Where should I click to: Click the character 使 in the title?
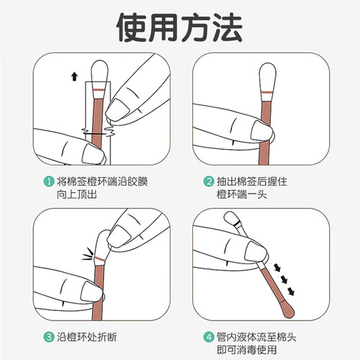pyautogui.click(x=132, y=27)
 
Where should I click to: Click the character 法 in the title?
pyautogui.click(x=228, y=27)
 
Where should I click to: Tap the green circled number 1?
pyautogui.click(x=49, y=181)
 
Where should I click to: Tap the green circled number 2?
pyautogui.click(x=209, y=181)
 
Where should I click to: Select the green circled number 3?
pyautogui.click(x=49, y=337)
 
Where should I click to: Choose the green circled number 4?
pyautogui.click(x=209, y=337)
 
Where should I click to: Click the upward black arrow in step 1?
pyautogui.click(x=75, y=76)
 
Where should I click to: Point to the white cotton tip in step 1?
pyautogui.click(x=99, y=72)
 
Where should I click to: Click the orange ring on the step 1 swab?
pyautogui.click(x=99, y=90)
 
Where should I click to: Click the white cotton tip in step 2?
pyautogui.click(x=267, y=75)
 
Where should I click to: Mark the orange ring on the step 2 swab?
pyautogui.click(x=267, y=92)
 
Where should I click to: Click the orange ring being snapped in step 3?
pyautogui.click(x=100, y=258)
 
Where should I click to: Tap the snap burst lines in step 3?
pyautogui.click(x=88, y=254)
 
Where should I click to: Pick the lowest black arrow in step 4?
pyautogui.click(x=291, y=291)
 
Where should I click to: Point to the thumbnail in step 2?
pyautogui.click(x=261, y=130)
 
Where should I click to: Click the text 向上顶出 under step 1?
pyautogui.click(x=77, y=194)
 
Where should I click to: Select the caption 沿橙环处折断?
pyautogui.click(x=87, y=337)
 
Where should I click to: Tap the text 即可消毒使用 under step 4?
pyautogui.click(x=247, y=349)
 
